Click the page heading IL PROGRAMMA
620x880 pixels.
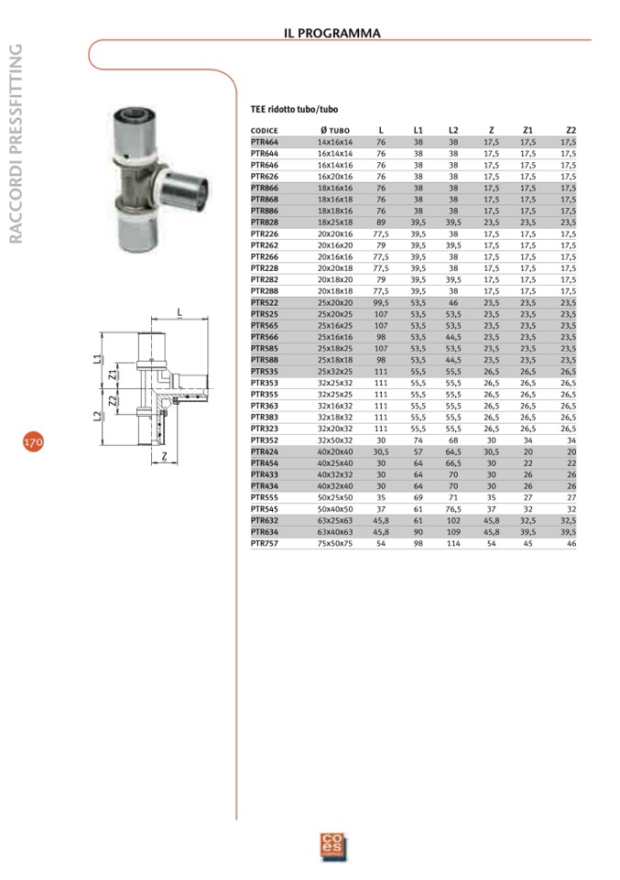point(332,33)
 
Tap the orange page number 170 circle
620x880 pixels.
point(33,442)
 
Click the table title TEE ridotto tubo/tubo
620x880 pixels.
point(294,110)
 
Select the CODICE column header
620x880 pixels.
point(265,131)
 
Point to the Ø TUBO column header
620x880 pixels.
point(335,131)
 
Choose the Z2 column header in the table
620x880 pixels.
point(571,130)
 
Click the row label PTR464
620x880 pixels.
point(265,142)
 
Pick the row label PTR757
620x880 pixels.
point(265,543)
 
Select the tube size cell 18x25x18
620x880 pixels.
point(335,223)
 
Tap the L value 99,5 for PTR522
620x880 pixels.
point(381,302)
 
